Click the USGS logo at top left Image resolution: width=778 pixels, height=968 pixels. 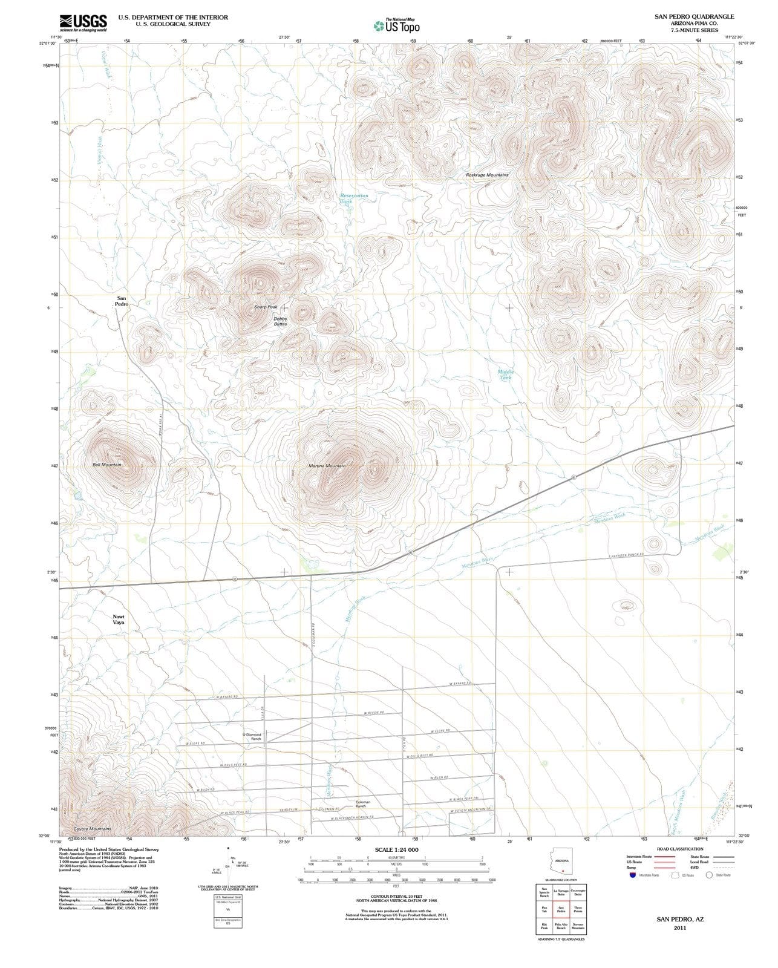click(x=83, y=23)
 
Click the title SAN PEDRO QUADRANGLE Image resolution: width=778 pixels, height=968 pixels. click(x=694, y=17)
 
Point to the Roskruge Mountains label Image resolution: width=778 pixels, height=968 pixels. click(x=487, y=175)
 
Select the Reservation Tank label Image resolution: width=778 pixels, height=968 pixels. click(x=354, y=198)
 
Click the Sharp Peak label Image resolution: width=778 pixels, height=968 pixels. click(x=266, y=307)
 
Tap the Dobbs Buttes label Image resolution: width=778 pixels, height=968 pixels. click(x=280, y=321)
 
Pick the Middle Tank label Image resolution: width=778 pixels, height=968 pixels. click(x=505, y=374)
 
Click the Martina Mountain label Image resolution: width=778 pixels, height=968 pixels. click(x=327, y=466)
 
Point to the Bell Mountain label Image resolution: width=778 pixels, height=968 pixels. click(x=107, y=465)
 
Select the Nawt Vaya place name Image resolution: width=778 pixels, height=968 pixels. click(x=119, y=619)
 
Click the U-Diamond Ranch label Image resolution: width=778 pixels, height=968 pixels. click(x=252, y=737)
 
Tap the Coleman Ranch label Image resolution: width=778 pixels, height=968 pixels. click(x=362, y=804)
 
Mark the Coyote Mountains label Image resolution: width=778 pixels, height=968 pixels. click(x=92, y=828)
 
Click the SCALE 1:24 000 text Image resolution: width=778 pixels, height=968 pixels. click(x=396, y=849)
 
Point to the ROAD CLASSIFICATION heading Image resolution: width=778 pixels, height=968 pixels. click(x=680, y=849)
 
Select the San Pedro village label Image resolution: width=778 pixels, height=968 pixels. click(x=122, y=301)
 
